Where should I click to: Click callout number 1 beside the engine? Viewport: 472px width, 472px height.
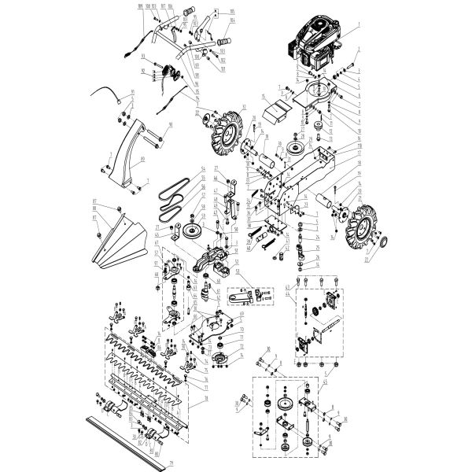pyautogui.click(x=359, y=27)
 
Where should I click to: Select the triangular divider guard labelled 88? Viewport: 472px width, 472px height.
pyautogui.click(x=118, y=240)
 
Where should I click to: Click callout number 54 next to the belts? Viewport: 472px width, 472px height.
pyautogui.click(x=203, y=169)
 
